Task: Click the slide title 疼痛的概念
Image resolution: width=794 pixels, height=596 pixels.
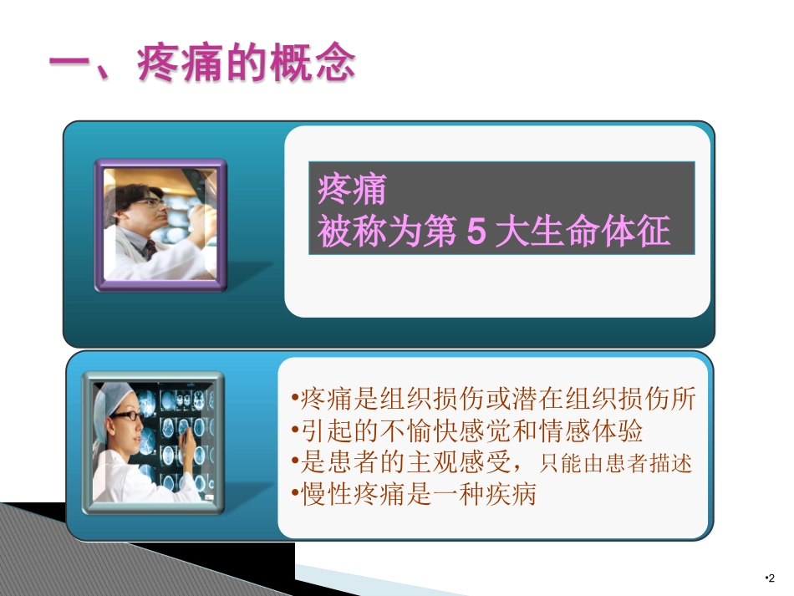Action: click(247, 64)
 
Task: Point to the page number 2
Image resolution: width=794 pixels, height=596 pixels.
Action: click(771, 578)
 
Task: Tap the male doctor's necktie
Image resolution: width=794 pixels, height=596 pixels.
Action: click(151, 249)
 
